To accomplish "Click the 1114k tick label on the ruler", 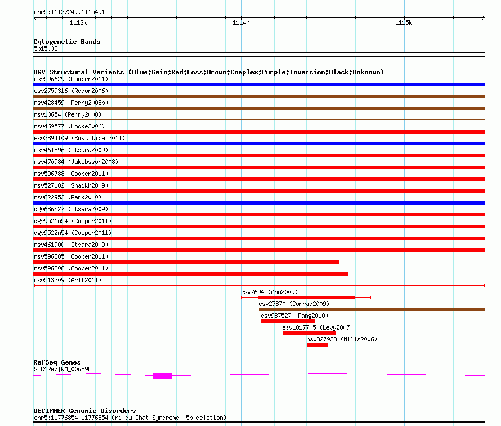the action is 241,23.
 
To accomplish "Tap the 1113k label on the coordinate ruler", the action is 78,23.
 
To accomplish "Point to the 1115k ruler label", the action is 404,23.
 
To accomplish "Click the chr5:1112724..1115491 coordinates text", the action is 69,12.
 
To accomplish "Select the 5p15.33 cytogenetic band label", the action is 46,48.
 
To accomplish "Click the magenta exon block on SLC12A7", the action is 162,376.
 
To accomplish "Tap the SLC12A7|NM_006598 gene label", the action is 62,369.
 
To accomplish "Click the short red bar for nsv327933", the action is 317,345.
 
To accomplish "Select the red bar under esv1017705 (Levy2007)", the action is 309,333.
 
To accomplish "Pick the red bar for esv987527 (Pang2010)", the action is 288,321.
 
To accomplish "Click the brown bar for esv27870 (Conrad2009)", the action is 372,309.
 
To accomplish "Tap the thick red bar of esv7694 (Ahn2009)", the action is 306,298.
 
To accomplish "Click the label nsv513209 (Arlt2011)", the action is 68,280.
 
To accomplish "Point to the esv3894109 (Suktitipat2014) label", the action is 79,138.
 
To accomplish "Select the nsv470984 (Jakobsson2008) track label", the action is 76,162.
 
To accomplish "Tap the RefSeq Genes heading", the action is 57,362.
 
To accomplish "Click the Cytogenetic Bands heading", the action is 67,42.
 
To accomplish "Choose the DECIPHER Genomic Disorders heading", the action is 84,411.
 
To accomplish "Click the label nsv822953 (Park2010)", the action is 68,197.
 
